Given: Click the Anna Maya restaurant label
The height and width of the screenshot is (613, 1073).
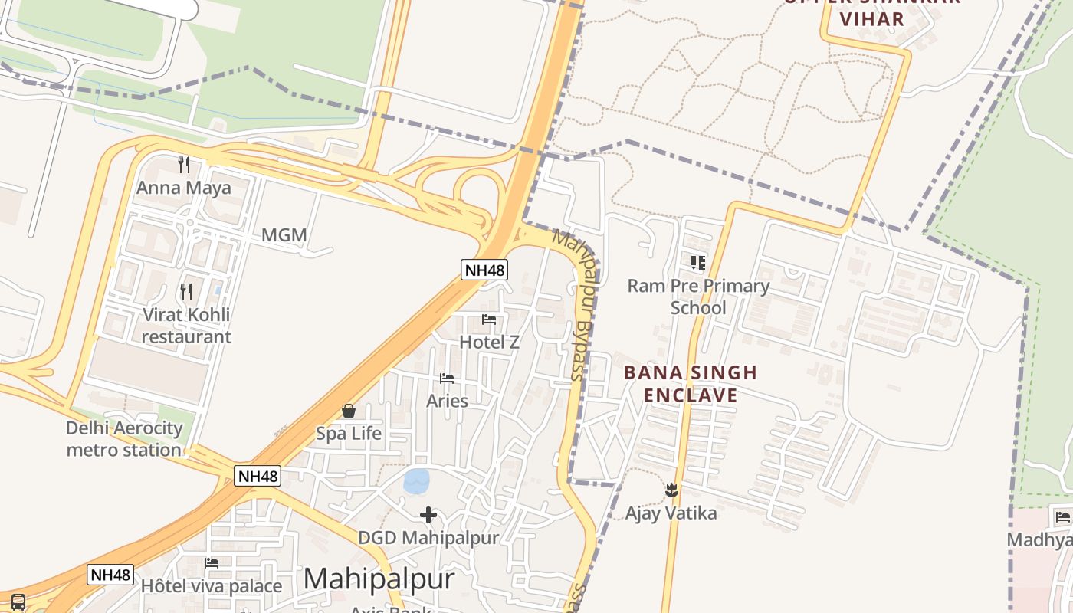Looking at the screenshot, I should (x=183, y=188).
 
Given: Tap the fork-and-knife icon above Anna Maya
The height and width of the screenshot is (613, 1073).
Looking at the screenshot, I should (x=183, y=164).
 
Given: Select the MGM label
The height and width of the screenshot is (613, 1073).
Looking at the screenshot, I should (x=284, y=235).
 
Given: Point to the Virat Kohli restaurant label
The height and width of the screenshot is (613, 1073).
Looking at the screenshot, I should (x=186, y=326).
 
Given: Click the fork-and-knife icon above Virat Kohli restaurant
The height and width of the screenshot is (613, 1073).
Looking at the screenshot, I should (x=186, y=292).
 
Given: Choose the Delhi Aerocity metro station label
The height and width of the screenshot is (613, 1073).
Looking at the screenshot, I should (x=124, y=439).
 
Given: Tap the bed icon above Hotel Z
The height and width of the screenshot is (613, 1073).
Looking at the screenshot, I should (x=489, y=320).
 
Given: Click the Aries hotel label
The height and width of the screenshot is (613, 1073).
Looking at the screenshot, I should (x=447, y=401).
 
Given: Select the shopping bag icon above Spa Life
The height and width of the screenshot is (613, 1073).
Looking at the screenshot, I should (x=349, y=411).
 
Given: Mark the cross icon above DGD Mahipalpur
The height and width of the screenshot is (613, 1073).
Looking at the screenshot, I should (x=428, y=515).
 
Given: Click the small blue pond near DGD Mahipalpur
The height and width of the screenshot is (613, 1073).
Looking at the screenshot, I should (x=416, y=481).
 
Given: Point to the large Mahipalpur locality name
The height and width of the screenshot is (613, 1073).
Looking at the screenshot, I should (x=379, y=579).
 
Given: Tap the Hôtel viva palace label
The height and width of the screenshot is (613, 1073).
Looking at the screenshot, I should (x=212, y=586).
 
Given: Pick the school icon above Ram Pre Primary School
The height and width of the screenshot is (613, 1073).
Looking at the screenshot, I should (x=697, y=263).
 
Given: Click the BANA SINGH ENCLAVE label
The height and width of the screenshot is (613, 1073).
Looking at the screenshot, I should (x=691, y=384).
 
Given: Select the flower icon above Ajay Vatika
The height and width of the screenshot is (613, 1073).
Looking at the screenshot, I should (x=671, y=490).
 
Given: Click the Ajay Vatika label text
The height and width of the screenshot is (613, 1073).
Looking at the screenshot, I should (x=671, y=513).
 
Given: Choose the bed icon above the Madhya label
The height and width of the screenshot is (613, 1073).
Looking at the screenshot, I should (x=1063, y=517).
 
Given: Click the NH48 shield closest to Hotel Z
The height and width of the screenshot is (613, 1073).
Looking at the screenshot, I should (x=484, y=270).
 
